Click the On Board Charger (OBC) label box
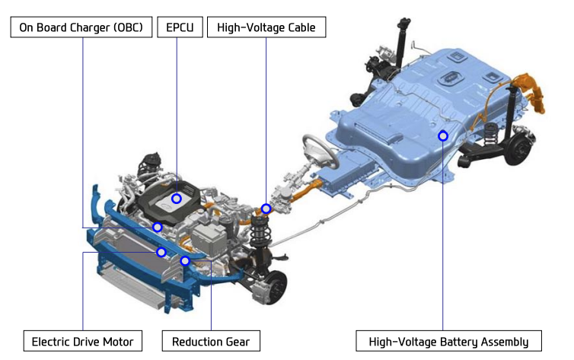pos(81,27)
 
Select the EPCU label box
pos(180,27)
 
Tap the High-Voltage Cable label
pos(266,27)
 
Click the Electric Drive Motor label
pos(83,341)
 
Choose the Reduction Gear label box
pos(211,341)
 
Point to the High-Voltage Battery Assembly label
pos(448,341)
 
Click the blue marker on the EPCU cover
pos(177,199)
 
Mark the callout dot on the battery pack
pos(443,136)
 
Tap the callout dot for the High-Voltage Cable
pos(266,209)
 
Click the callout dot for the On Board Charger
pos(158,228)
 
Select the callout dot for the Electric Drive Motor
pos(161,252)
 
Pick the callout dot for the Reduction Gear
pos(185,261)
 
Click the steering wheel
pos(320,151)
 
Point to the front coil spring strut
pos(260,234)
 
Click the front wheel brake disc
pos(276,288)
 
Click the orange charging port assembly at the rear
pos(531,91)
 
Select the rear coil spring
pos(491,134)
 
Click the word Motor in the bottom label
pos(118,342)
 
